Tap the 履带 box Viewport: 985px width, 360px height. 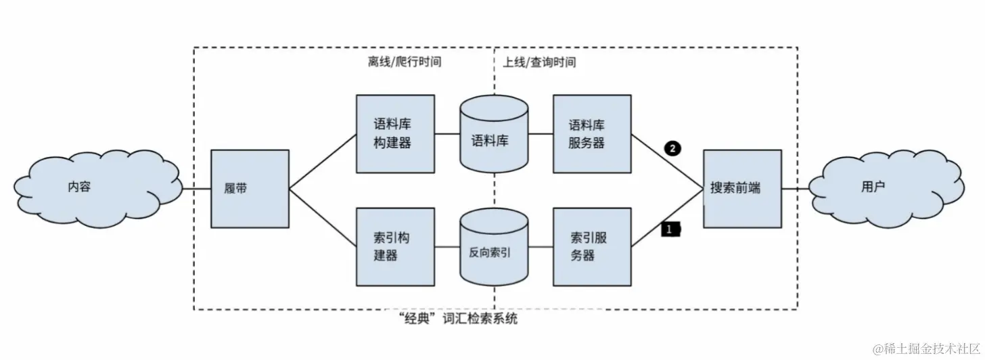(250, 188)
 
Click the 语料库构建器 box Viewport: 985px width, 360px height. (395, 134)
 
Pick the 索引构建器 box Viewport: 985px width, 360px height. (395, 246)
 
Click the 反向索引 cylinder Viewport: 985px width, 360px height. (493, 249)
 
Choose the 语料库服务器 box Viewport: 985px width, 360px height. (591, 134)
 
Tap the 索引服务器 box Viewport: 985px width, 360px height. (591, 246)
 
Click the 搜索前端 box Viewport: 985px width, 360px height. (741, 188)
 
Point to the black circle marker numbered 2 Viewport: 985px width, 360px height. (672, 148)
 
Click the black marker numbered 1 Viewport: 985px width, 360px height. (670, 230)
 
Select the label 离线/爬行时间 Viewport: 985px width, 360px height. (400, 62)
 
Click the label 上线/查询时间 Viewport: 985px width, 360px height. (539, 62)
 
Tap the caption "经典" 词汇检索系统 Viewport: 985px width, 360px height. (459, 317)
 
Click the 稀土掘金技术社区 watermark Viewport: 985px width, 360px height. (925, 349)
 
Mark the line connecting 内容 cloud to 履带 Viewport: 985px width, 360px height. (197, 188)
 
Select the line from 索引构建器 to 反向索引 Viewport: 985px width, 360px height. (447, 246)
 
